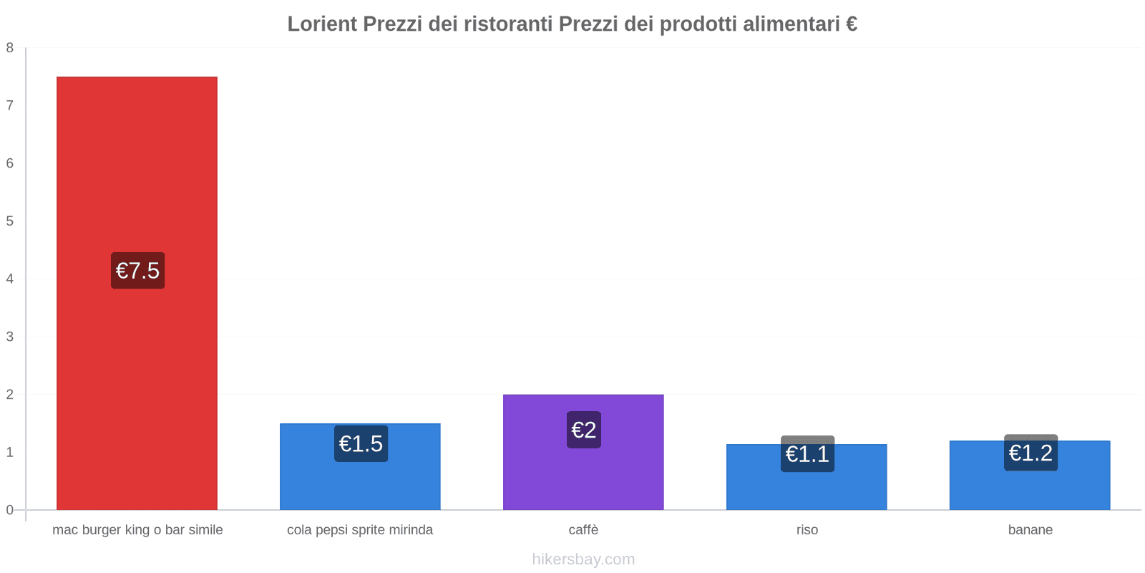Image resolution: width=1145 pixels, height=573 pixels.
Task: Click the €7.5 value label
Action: click(x=137, y=271)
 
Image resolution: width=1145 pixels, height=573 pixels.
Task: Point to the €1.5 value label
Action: click(x=361, y=444)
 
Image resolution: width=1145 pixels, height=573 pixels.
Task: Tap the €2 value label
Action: click(x=583, y=430)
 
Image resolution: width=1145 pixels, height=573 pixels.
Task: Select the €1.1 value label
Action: click(x=807, y=454)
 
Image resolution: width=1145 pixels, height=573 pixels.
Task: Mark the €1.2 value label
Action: click(x=1030, y=453)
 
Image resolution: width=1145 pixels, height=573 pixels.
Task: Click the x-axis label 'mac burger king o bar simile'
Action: click(x=137, y=530)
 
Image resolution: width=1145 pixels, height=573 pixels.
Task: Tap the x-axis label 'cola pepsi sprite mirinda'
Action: click(x=360, y=530)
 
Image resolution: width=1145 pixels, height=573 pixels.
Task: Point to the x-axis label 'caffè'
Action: click(x=583, y=530)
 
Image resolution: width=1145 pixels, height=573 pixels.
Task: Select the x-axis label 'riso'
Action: click(x=807, y=530)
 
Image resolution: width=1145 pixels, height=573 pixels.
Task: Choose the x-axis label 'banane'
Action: click(x=1030, y=530)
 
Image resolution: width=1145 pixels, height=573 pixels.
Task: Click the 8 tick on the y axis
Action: click(x=10, y=48)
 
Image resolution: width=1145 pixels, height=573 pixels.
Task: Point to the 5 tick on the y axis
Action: click(x=10, y=221)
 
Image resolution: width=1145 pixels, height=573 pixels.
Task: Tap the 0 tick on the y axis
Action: click(x=10, y=510)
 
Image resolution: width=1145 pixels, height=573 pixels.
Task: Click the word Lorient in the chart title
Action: click(x=322, y=24)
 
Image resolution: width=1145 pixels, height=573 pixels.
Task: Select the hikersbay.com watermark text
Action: click(x=583, y=559)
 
